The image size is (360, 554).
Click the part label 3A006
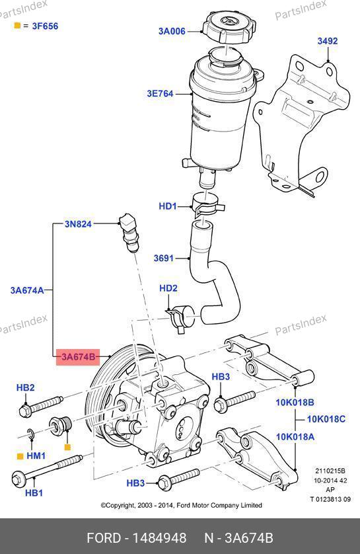point(172,31)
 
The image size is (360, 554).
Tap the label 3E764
point(161,94)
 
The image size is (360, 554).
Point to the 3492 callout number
point(328,41)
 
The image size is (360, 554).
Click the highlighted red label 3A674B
point(78,356)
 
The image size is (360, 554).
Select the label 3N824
point(78,223)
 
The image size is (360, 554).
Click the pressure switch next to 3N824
point(129,232)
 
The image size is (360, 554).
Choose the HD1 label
point(167,206)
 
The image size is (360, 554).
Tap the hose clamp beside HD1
point(208,205)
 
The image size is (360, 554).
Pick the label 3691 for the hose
point(164,258)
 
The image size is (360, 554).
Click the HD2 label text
point(168,288)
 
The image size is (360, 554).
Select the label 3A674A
point(27,290)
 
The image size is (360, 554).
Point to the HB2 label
point(25,387)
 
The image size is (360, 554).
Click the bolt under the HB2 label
point(40,407)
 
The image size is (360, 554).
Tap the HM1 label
point(36,455)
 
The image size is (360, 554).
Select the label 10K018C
point(326,419)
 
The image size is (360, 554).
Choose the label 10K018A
point(295,437)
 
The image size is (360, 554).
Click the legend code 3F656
point(45,26)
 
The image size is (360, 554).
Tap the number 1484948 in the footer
point(159,538)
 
